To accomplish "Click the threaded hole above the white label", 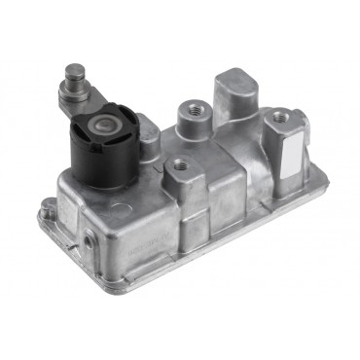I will [x=281, y=116].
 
